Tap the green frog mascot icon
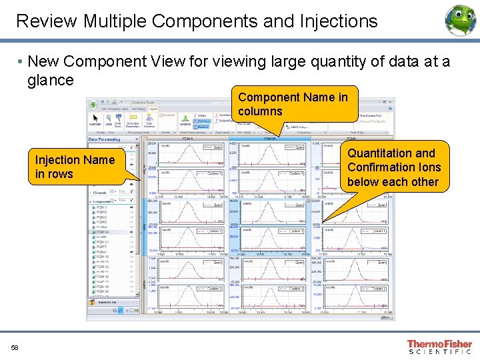(x=460, y=20)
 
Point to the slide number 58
(x=15, y=347)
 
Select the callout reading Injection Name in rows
(x=75, y=167)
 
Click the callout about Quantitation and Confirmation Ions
(x=393, y=167)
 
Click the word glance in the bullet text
(x=51, y=80)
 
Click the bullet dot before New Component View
(x=21, y=62)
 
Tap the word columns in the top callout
(x=260, y=111)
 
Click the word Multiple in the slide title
(x=115, y=21)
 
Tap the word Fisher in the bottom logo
(x=455, y=344)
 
